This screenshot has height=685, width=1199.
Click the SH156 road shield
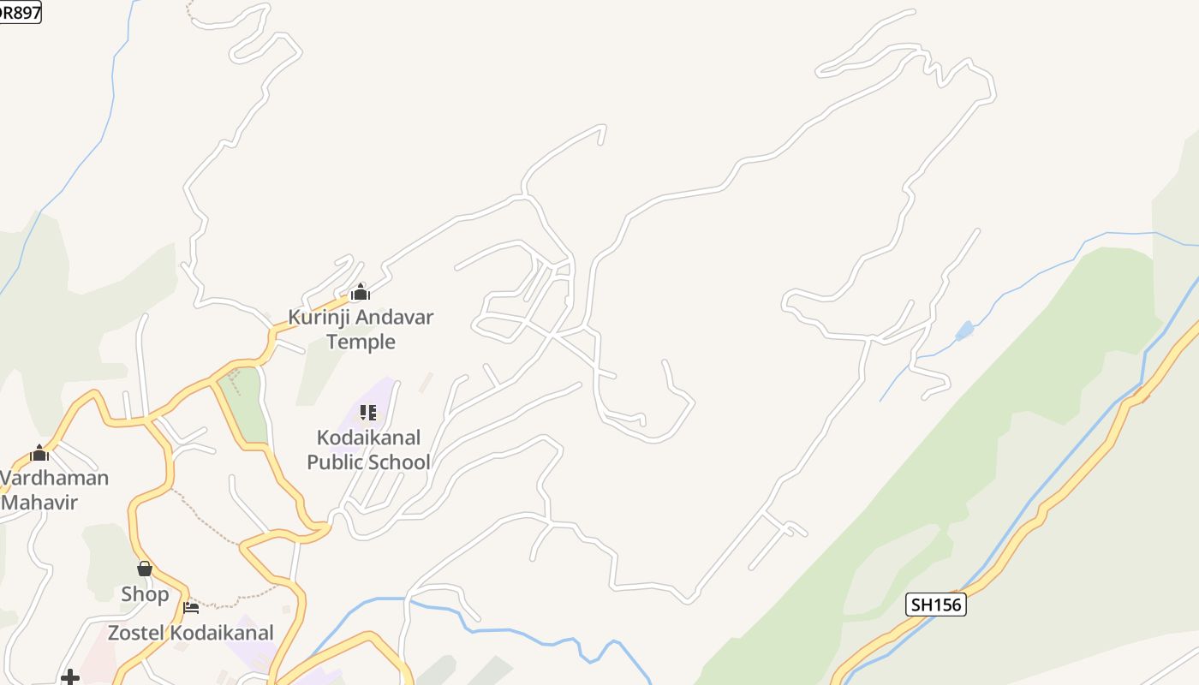click(935, 605)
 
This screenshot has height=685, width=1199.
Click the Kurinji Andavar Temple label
click(361, 330)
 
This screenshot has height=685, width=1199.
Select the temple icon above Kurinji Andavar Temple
click(361, 292)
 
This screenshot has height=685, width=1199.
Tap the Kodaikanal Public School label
click(368, 450)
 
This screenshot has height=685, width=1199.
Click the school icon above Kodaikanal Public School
click(368, 413)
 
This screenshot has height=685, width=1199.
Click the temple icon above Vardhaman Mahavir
click(39, 453)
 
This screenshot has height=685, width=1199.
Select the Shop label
click(145, 594)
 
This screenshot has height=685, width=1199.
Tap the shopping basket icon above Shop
click(145, 569)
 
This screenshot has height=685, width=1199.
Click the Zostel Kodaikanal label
click(190, 634)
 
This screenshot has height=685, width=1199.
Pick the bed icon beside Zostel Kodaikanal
click(191, 608)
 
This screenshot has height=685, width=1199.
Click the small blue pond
click(964, 331)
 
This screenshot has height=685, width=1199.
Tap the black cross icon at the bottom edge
click(70, 678)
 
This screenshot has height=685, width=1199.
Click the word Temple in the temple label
click(361, 342)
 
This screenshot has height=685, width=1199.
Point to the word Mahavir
click(39, 503)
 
